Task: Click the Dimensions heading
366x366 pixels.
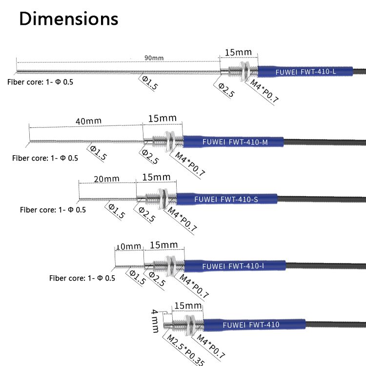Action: [x=69, y=19]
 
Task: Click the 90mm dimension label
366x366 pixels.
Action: [x=154, y=58]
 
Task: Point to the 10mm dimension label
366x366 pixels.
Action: [x=128, y=246]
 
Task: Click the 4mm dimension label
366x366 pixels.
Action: [x=155, y=320]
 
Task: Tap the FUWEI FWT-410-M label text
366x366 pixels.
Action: [x=235, y=142]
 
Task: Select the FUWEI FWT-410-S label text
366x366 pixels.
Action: [x=226, y=199]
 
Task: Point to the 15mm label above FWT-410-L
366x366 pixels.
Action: [x=238, y=52]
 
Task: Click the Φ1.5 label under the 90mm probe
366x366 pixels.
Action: [x=149, y=83]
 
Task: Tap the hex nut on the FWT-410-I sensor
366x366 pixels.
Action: [x=172, y=265]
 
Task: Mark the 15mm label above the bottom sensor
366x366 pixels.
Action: [x=188, y=306]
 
